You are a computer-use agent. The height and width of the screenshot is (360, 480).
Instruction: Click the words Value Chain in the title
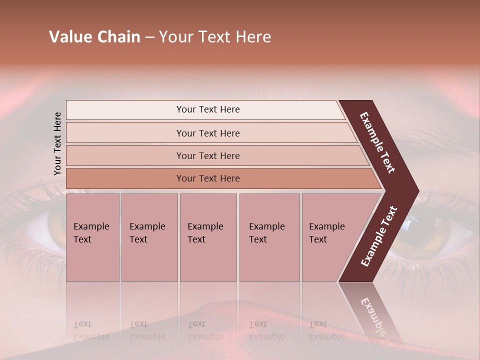pos(94,37)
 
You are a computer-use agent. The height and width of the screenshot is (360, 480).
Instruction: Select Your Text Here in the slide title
pos(215,37)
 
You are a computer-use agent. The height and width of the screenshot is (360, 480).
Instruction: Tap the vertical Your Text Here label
pos(57,143)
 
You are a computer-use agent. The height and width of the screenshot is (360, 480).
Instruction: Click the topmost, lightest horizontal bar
pos(207,109)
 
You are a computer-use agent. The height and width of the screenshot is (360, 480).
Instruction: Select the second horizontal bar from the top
pos(207,133)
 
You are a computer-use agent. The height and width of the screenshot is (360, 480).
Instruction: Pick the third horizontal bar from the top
pos(207,155)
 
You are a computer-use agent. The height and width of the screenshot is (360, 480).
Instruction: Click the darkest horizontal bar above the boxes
pos(207,178)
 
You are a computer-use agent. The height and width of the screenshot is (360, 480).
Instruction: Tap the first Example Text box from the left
pos(92,237)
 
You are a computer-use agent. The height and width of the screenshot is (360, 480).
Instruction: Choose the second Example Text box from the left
pos(149,237)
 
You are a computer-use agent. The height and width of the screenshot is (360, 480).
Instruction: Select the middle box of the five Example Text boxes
pos(207,237)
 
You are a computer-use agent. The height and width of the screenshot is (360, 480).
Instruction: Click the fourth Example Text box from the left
pos(269,237)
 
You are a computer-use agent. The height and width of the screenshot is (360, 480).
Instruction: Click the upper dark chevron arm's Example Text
pos(377,142)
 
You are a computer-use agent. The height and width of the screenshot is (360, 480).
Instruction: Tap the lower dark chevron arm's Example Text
pos(379,236)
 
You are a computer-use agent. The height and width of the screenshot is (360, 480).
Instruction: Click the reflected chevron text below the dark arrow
pos(372,317)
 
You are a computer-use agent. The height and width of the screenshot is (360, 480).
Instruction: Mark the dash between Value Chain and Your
pos(149,37)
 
